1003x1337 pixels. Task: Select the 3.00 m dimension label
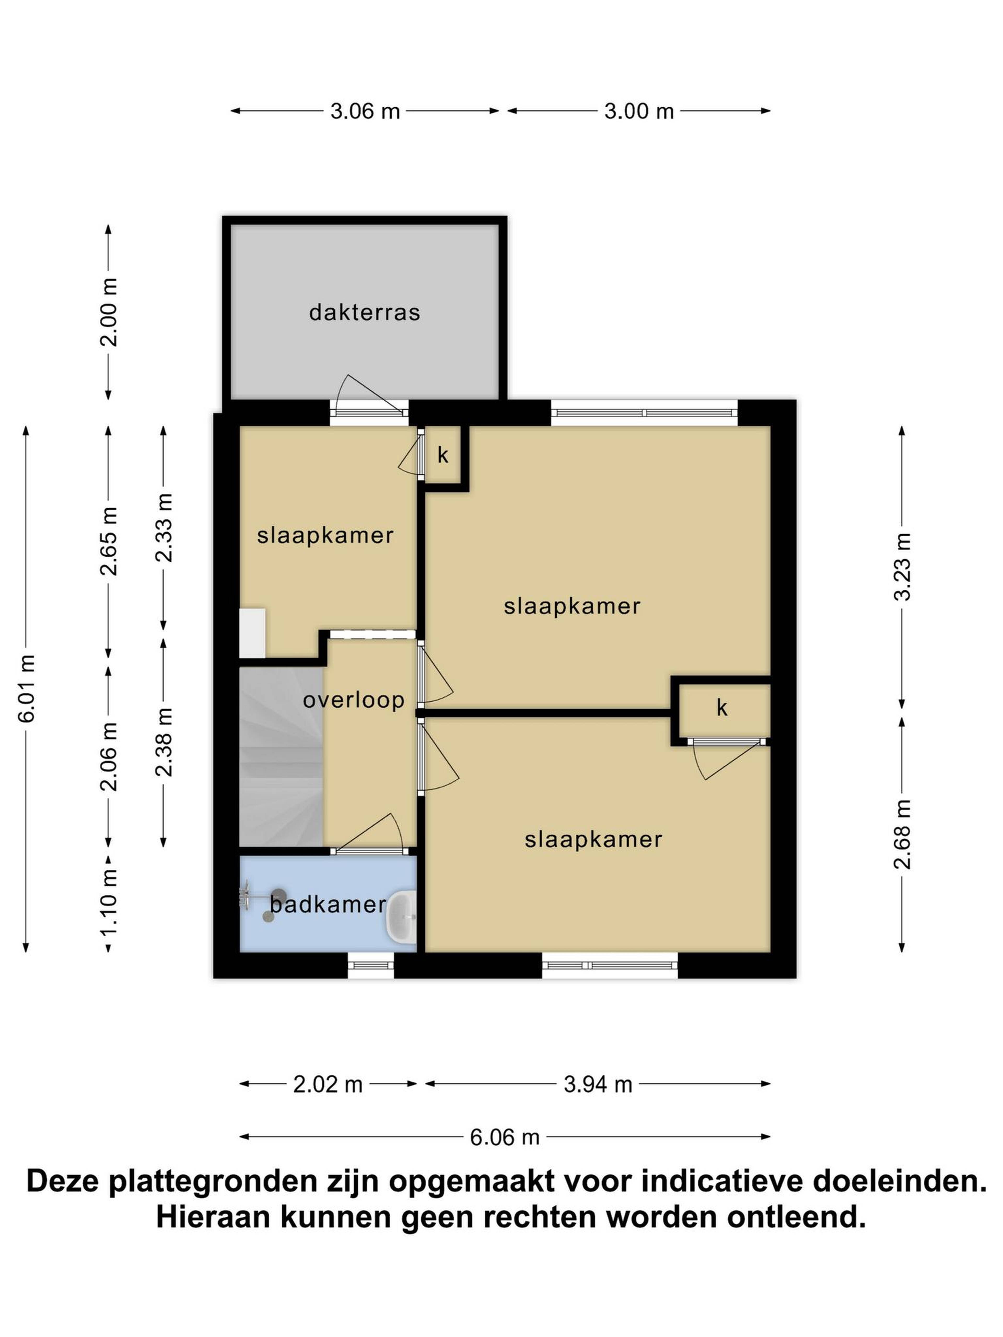pos(639,111)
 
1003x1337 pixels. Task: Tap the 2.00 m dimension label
pos(109,312)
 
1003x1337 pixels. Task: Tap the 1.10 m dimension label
pos(109,904)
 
